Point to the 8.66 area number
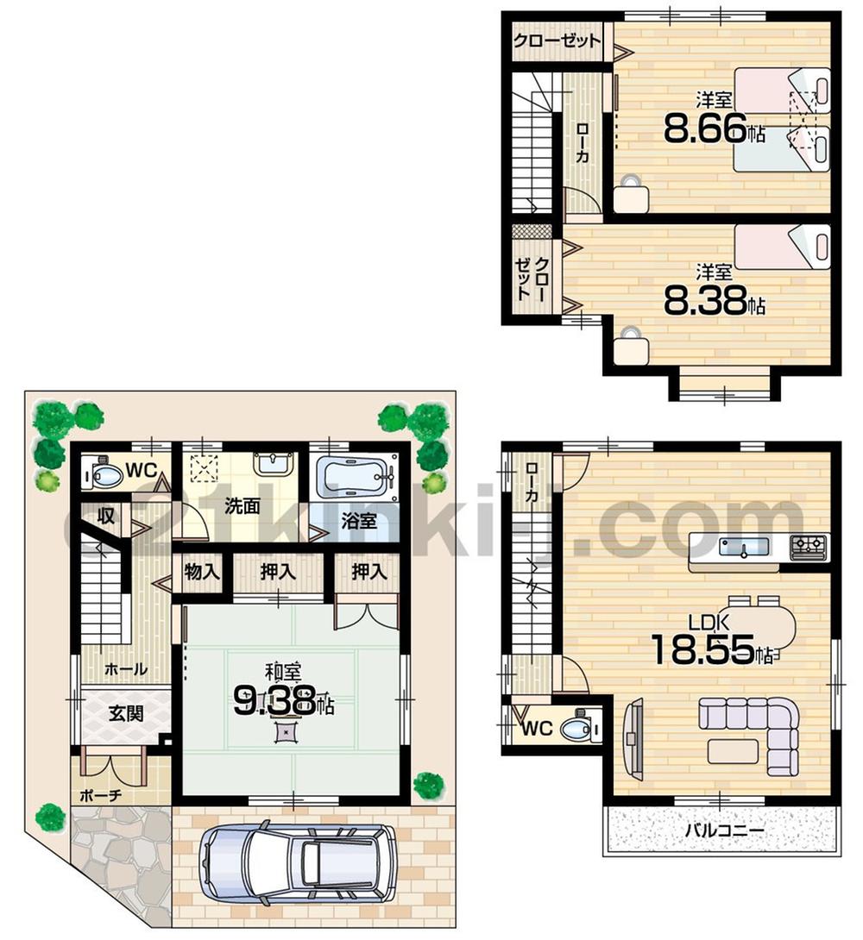coord(706,129)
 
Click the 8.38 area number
coord(706,301)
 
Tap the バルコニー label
coord(725,831)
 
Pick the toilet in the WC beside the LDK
coord(576,730)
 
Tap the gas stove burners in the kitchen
coord(809,544)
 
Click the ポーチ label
coord(103,794)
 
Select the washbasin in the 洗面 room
coord(274,463)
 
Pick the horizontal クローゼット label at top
coord(557,41)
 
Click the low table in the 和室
coord(284,732)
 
